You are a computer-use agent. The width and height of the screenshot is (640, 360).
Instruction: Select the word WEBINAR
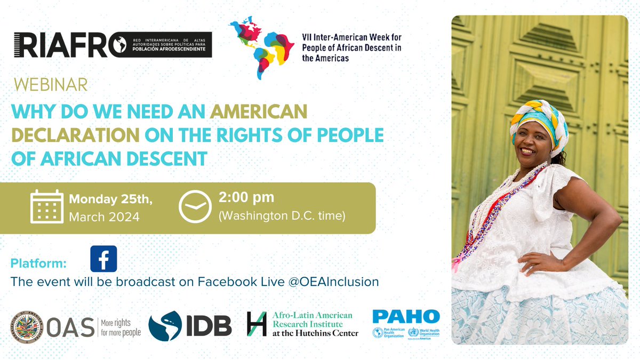pos(51,85)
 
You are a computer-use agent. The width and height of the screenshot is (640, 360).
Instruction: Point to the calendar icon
pos(47,206)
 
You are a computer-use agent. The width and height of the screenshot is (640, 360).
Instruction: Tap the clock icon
pos(195,206)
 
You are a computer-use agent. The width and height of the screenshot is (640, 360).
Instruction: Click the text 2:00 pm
pos(246,197)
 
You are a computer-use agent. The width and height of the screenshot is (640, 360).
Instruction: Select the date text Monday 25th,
pos(111,199)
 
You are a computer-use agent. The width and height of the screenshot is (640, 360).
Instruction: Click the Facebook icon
pos(103,260)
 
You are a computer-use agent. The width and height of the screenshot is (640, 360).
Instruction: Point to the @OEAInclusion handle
pos(334,282)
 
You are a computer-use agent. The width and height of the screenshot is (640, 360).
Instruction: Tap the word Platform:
pos(38,263)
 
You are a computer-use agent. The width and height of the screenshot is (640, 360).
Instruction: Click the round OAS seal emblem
pos(26,326)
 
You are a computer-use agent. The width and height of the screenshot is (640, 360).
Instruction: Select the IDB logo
pos(190,325)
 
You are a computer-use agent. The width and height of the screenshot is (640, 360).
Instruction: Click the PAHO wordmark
pos(406,316)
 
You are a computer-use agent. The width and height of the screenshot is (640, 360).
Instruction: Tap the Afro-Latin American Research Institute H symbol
pos(257,324)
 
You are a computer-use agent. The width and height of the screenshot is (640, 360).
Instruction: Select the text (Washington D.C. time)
pos(282,217)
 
